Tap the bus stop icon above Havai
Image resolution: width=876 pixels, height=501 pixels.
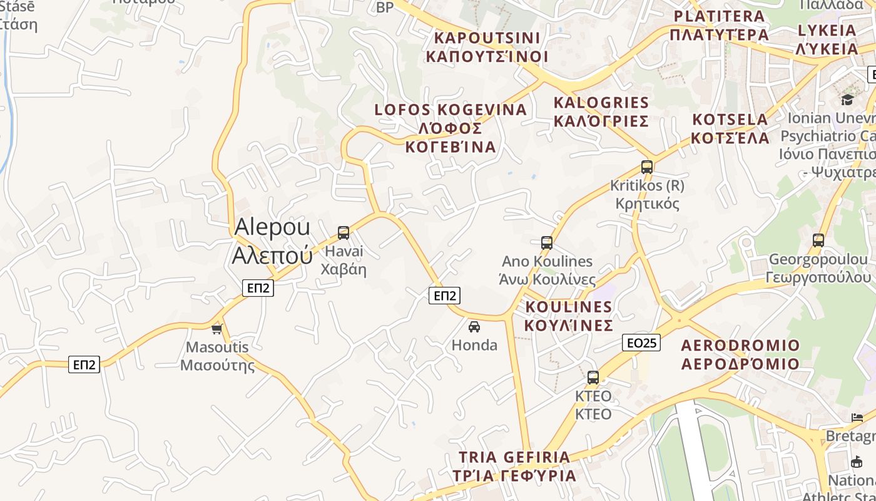coord(344,233)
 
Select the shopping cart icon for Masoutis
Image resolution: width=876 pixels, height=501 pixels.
coord(217,328)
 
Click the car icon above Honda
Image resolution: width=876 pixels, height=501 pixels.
coord(474,326)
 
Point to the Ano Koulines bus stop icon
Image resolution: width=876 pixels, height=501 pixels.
coord(547,242)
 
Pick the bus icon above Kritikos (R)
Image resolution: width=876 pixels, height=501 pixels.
coord(647,167)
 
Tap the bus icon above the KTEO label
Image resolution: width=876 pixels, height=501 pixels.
coord(593,378)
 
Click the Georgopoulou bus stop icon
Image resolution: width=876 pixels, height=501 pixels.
coord(818,240)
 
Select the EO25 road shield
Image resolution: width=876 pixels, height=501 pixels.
coord(642,343)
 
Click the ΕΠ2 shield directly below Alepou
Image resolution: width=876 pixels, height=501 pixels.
coord(258,288)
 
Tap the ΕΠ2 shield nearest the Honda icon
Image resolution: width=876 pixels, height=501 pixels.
coord(444,296)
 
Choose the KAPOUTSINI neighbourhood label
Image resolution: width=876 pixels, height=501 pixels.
coord(487,47)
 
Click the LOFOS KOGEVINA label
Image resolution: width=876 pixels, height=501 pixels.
coord(451,128)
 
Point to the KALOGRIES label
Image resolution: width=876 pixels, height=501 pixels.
coord(601,111)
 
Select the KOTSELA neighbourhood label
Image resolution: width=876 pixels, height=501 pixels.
coord(731,128)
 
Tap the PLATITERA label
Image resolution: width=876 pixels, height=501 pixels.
coord(719,25)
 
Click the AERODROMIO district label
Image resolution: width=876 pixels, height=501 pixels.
coord(740,354)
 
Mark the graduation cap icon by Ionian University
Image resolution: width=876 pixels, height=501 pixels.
coord(847,100)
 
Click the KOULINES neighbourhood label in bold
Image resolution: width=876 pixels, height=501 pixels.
coord(568,316)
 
